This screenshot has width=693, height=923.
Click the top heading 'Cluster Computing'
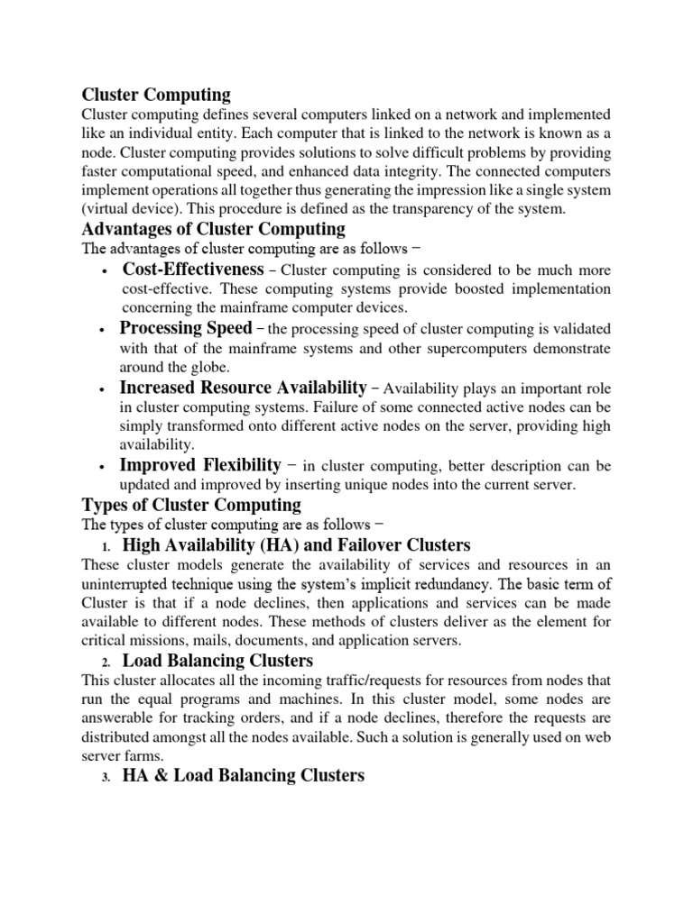pos(156,95)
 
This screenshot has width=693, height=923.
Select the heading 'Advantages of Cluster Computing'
pos(213,229)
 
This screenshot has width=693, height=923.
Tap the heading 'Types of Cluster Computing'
pos(191,504)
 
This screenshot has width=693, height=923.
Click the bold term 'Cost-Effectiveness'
pos(193,270)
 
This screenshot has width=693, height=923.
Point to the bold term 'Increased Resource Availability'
pos(244,387)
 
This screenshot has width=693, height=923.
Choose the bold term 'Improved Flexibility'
pos(200,465)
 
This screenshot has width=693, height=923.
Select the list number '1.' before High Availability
pos(105,546)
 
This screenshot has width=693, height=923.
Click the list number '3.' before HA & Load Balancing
pos(105,777)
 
